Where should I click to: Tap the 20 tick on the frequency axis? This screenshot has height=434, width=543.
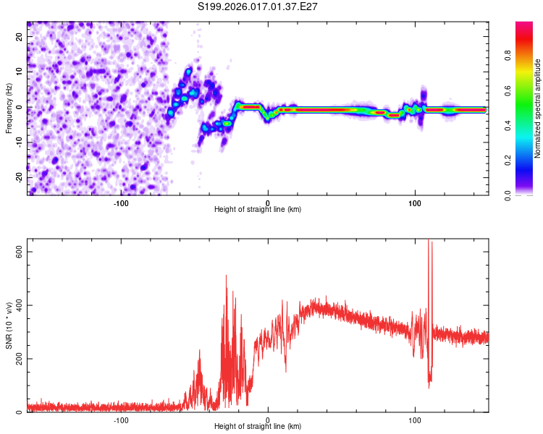point(20,36)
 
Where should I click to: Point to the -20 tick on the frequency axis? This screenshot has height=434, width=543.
point(18,177)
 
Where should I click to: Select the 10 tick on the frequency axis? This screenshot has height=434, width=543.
point(20,72)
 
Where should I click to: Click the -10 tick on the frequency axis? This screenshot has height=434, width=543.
point(18,142)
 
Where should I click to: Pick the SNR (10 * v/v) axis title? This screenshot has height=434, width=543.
point(9,327)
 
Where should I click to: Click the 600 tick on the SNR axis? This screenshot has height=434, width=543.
point(20,252)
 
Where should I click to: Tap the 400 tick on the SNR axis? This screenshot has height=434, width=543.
point(20,305)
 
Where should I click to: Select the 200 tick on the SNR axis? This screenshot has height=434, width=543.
point(20,359)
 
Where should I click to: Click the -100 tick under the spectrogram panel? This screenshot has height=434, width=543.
point(121,203)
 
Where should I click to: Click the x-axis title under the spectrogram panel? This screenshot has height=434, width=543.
point(258,210)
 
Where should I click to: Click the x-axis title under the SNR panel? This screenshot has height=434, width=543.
point(258,427)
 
